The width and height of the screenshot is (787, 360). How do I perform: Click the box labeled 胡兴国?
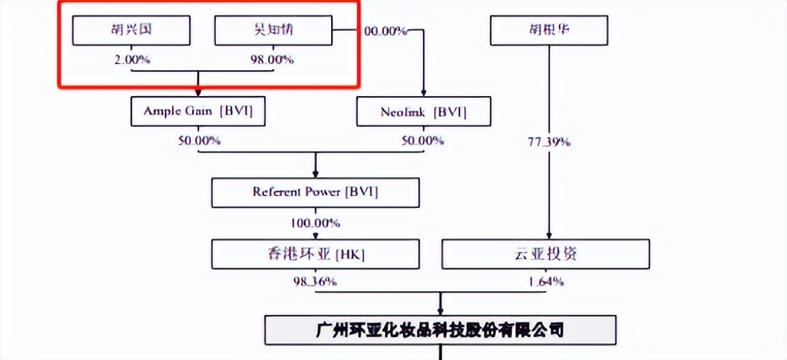[x=132, y=30]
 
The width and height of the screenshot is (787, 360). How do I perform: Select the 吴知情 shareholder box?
[x=274, y=30]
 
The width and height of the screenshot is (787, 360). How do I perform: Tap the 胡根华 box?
[x=548, y=30]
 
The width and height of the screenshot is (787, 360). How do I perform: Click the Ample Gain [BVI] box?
[x=199, y=111]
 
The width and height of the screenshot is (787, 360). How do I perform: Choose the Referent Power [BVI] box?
[x=315, y=192]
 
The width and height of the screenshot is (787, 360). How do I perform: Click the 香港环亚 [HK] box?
[x=315, y=254]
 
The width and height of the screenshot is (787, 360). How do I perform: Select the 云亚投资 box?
[x=546, y=254]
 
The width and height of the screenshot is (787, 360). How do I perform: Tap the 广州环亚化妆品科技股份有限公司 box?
[x=440, y=330]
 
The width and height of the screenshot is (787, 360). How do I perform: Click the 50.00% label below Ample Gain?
[x=199, y=141]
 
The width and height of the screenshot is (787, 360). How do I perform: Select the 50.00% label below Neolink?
[x=422, y=141]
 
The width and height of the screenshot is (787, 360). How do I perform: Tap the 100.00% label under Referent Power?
[x=315, y=222]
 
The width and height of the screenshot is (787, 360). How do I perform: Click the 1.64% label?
[x=546, y=281]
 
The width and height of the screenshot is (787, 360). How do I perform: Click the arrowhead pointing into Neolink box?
[x=423, y=93]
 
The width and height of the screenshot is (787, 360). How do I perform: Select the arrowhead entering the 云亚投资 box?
[x=549, y=235]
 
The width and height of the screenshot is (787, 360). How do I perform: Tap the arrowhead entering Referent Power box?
[x=315, y=174]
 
